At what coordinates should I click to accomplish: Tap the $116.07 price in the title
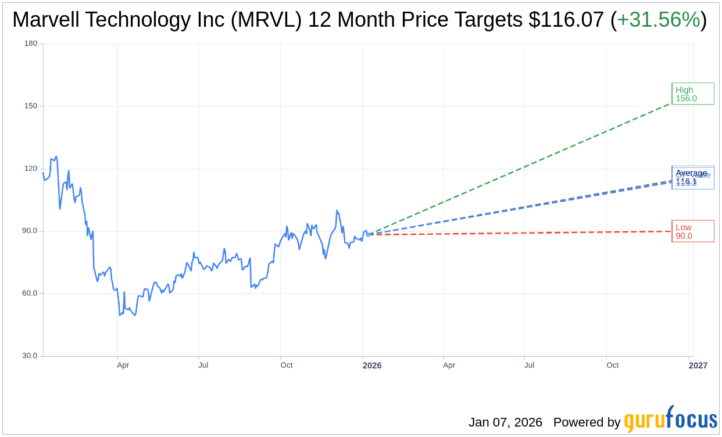(x=566, y=20)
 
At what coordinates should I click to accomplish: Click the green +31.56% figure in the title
(x=658, y=20)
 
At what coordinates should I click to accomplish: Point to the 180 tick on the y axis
(x=31, y=44)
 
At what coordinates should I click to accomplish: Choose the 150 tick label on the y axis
(x=31, y=106)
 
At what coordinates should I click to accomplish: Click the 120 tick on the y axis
(x=31, y=169)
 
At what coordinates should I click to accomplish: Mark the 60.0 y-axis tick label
(x=29, y=293)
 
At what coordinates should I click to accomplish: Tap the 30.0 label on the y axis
(x=29, y=356)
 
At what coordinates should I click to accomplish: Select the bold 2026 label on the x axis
(x=372, y=366)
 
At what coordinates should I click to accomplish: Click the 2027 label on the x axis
(x=698, y=366)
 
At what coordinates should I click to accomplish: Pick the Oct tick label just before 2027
(x=612, y=366)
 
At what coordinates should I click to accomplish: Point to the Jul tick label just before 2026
(x=203, y=366)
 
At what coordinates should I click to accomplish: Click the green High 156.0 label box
(x=692, y=94)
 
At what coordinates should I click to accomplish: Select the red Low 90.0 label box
(x=692, y=231)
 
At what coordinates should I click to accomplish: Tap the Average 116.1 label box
(x=692, y=177)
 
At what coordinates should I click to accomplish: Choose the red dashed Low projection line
(x=523, y=233)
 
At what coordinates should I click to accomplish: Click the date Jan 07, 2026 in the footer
(x=505, y=422)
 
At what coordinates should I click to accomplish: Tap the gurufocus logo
(x=670, y=420)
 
